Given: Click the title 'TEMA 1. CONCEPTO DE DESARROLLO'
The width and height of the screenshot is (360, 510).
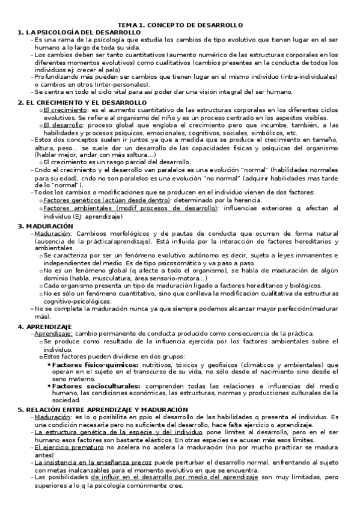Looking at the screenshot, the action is (x=180, y=25).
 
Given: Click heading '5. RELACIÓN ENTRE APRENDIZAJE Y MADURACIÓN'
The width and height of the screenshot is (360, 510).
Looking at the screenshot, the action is (x=103, y=410).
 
